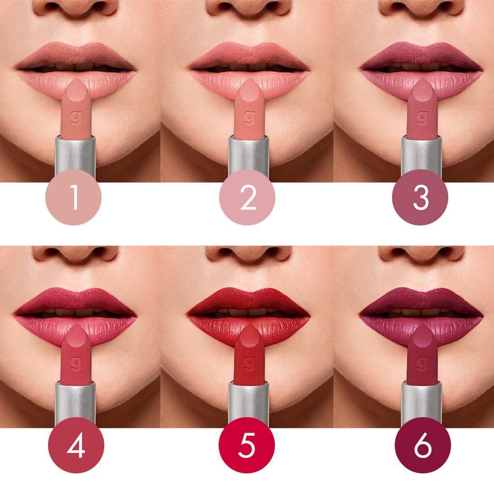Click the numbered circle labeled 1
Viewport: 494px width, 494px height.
click(74, 197)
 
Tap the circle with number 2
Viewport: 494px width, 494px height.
click(247, 197)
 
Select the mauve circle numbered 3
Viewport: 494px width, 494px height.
click(420, 197)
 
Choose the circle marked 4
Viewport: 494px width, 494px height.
click(76, 445)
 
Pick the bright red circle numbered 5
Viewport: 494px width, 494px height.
click(247, 445)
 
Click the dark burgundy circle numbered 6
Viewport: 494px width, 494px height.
click(422, 445)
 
